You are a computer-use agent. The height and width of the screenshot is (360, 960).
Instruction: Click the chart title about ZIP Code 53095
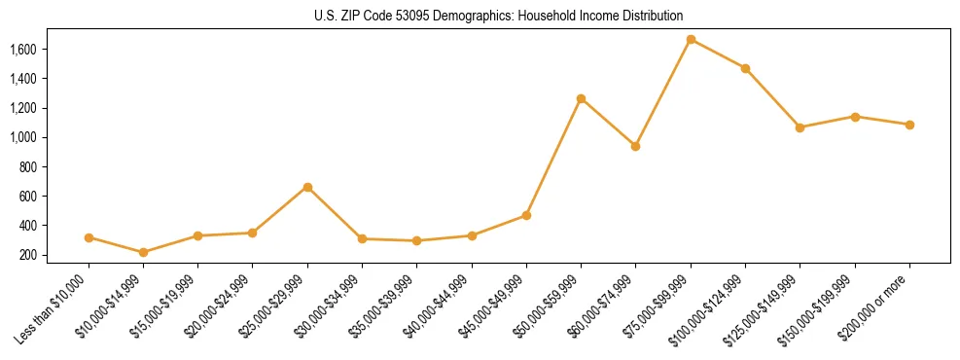pos(499,16)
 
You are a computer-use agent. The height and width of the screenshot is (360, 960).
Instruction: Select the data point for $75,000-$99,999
pos(691,40)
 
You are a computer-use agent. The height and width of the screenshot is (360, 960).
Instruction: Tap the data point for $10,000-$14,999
pos(144,252)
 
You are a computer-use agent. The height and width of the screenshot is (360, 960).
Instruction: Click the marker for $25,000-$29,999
pos(307,187)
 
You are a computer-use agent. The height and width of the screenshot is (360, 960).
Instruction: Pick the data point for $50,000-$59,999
pos(581,98)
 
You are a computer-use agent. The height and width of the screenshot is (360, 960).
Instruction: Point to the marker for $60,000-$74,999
pos(635,146)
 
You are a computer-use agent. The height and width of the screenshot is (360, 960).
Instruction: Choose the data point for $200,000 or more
pos(909,125)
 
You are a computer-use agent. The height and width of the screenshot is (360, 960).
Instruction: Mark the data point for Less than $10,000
pos(89,237)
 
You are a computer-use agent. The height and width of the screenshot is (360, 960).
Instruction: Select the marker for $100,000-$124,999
pos(745,68)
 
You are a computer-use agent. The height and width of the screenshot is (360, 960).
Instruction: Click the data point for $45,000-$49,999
pos(526,215)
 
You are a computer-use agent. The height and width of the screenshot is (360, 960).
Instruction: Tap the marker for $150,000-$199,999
pos(855,117)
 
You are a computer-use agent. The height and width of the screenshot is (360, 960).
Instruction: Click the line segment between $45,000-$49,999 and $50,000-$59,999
pos(553,157)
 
